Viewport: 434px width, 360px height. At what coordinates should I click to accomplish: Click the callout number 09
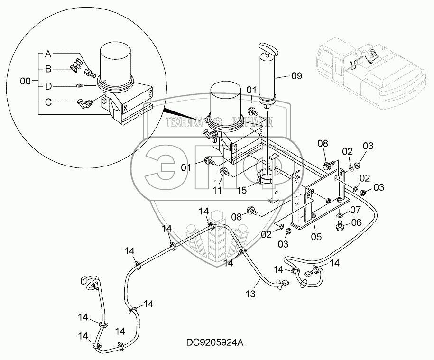click(x=295, y=74)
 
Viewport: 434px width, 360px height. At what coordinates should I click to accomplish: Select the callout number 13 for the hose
click(x=250, y=294)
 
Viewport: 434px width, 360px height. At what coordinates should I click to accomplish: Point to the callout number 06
click(x=356, y=222)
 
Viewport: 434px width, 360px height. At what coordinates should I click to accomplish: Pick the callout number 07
click(x=356, y=209)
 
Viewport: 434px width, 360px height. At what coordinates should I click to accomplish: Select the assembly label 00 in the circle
click(x=27, y=82)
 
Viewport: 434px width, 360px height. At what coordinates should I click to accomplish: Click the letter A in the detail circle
click(x=48, y=54)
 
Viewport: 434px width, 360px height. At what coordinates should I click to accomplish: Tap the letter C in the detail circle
click(x=48, y=101)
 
